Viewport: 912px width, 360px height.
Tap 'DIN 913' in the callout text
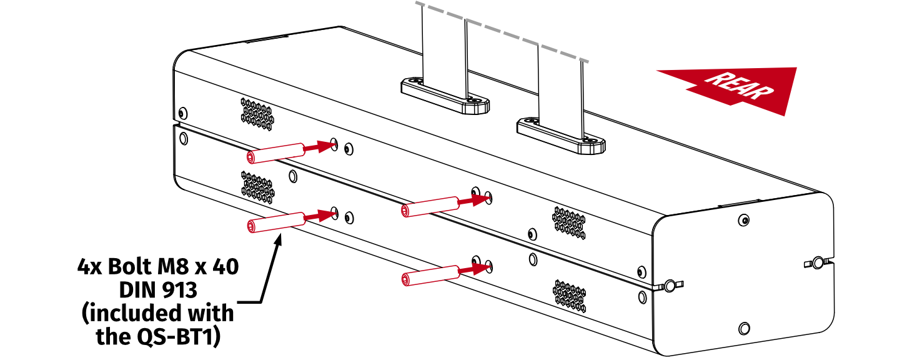[158, 289]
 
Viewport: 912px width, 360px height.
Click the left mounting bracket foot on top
[445, 97]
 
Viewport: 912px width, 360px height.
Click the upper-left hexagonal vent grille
[257, 114]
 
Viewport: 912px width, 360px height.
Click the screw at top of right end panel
[743, 220]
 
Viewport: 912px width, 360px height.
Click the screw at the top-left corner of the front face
[182, 113]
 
